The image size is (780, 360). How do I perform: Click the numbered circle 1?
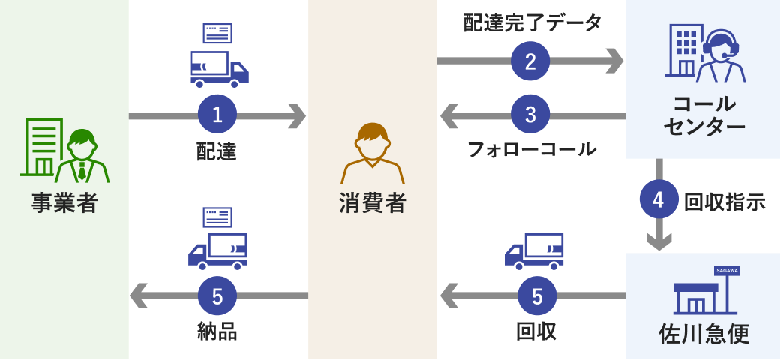pos(217,115)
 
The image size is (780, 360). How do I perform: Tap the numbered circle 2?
pos(530,60)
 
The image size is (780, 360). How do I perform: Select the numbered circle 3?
pos(530,115)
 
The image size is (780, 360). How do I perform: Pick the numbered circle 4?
pos(658,200)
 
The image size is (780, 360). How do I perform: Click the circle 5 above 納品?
pos(217,296)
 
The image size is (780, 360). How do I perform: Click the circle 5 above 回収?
pos(537,296)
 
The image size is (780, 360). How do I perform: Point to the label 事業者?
pos(64,202)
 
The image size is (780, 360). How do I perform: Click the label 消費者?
pos(373,202)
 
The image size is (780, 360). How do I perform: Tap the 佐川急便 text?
pos(703,332)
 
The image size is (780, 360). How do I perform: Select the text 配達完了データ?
pos(532,23)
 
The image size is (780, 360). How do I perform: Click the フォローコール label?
pos(532,148)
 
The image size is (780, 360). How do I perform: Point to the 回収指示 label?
pos(724,201)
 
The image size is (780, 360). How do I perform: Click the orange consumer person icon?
pos(373,153)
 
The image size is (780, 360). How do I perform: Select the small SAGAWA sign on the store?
pos(727,270)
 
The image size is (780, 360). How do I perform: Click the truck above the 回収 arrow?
pos(534,251)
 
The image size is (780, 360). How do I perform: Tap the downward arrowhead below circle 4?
pos(658,241)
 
